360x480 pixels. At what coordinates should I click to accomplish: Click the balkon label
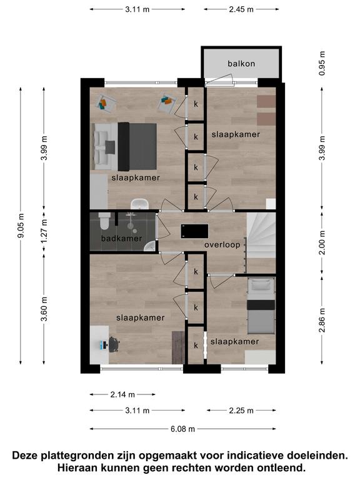click(x=241, y=64)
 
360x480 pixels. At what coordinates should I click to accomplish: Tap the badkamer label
click(x=121, y=238)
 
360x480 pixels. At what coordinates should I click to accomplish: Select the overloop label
click(x=222, y=245)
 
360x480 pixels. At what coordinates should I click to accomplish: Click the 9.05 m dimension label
click(x=21, y=226)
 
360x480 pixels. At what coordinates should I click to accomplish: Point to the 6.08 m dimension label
click(x=182, y=429)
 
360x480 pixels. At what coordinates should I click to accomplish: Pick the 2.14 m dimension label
click(x=122, y=394)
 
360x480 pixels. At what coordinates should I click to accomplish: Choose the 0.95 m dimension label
click(x=322, y=63)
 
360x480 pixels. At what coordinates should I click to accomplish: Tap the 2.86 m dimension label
click(x=322, y=320)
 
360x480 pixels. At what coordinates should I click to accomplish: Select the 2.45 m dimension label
click(x=241, y=9)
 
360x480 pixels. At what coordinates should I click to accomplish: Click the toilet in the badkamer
click(x=104, y=221)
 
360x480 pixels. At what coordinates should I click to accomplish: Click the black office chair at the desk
click(x=113, y=344)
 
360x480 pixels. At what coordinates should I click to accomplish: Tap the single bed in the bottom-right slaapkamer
click(x=261, y=306)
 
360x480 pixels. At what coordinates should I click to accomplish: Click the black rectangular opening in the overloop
click(x=195, y=231)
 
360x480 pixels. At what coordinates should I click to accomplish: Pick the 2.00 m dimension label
click(x=322, y=242)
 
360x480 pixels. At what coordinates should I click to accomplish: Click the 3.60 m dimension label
click(x=44, y=309)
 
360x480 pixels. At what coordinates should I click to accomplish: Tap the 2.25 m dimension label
click(x=241, y=410)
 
